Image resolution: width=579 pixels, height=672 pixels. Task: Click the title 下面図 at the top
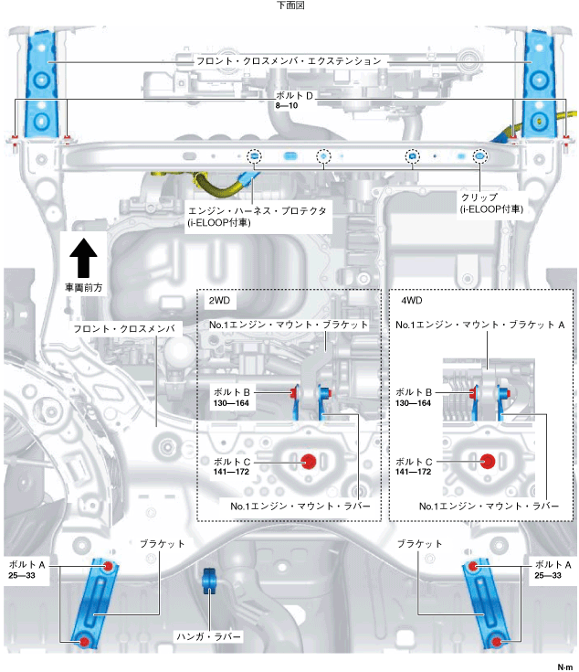coord(289,5)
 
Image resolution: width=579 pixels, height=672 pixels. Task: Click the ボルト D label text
coord(291,94)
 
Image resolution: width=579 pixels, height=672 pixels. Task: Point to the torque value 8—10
coord(287,106)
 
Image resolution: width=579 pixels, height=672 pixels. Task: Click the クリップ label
coord(481,197)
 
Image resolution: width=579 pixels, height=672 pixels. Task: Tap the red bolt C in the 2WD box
coord(309,461)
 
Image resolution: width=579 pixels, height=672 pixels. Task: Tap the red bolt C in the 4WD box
coord(488,461)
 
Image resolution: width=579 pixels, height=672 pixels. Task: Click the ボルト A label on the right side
coord(553,564)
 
